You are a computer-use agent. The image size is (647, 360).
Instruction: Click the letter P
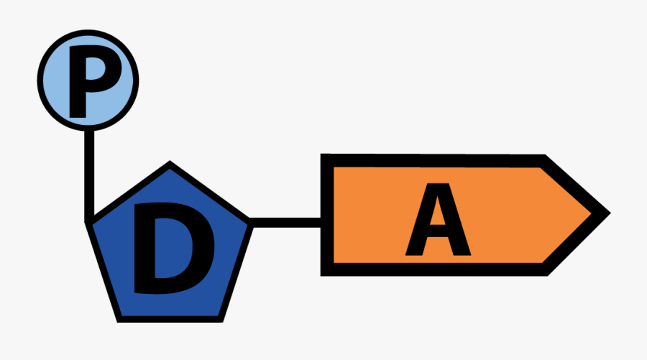[93, 81]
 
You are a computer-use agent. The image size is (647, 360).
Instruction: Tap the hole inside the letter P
[96, 69]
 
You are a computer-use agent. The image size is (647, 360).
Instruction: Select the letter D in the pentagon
[174, 248]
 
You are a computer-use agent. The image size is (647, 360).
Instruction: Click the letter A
[438, 219]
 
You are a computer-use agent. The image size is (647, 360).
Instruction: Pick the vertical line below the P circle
[89, 177]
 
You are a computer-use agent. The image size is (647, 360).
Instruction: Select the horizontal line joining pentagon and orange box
[285, 223]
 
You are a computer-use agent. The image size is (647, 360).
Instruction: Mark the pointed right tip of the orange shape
[610, 213]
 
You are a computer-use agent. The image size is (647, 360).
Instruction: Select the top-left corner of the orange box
[321, 154]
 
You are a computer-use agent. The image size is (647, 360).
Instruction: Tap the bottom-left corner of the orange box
[321, 275]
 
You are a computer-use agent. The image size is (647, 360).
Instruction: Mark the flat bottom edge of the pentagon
[170, 319]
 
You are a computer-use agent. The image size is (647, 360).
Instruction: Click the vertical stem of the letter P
[78, 82]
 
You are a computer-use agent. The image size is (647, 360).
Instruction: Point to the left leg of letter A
[418, 219]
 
